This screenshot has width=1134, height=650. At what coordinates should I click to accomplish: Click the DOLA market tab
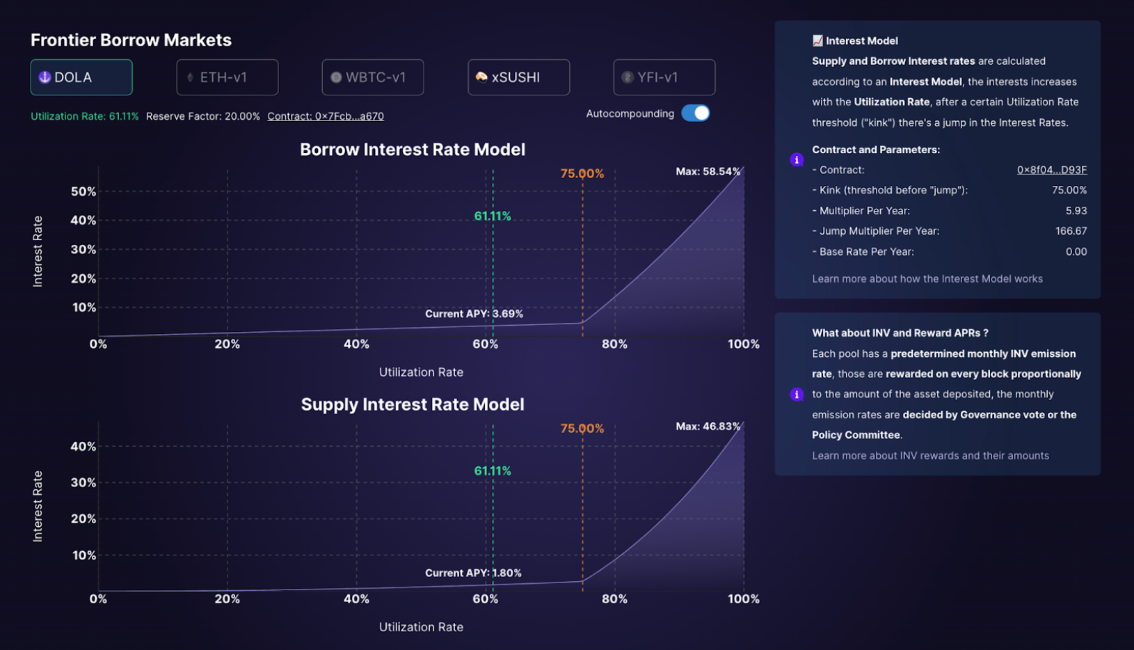(x=81, y=77)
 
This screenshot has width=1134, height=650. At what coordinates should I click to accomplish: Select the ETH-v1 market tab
(x=227, y=77)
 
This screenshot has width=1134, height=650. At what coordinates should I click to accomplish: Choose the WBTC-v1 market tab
(x=372, y=77)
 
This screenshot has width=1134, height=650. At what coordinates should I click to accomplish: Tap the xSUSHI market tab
(x=518, y=77)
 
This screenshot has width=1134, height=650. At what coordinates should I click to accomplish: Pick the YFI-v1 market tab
(x=664, y=77)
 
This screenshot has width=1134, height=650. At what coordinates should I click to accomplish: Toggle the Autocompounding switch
(x=695, y=113)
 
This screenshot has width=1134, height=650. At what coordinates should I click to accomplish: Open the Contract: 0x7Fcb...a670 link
(x=325, y=116)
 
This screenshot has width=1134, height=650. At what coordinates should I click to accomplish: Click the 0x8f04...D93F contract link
(x=1051, y=170)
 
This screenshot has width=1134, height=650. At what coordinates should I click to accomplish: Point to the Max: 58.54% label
(x=708, y=171)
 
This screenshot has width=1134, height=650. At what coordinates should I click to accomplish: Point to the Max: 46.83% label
(x=708, y=426)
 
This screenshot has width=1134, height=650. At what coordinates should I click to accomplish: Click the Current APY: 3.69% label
(x=474, y=314)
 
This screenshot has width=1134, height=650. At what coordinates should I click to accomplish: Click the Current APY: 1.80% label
(x=473, y=573)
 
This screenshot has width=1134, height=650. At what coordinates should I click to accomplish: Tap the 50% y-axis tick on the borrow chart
(x=83, y=191)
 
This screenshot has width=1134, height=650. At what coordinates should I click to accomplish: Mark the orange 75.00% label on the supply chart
(x=582, y=429)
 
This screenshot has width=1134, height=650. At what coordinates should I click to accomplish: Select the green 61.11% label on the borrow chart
(x=492, y=216)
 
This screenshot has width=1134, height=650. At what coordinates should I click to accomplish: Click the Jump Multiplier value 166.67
(x=1071, y=231)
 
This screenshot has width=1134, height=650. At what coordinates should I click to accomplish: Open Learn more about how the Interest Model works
(x=927, y=279)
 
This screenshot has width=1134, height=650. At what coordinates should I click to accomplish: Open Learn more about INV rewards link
(x=930, y=456)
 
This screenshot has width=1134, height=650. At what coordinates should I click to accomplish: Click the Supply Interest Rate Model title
(x=413, y=404)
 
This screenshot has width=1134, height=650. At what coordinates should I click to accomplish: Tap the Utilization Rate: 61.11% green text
(x=84, y=116)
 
